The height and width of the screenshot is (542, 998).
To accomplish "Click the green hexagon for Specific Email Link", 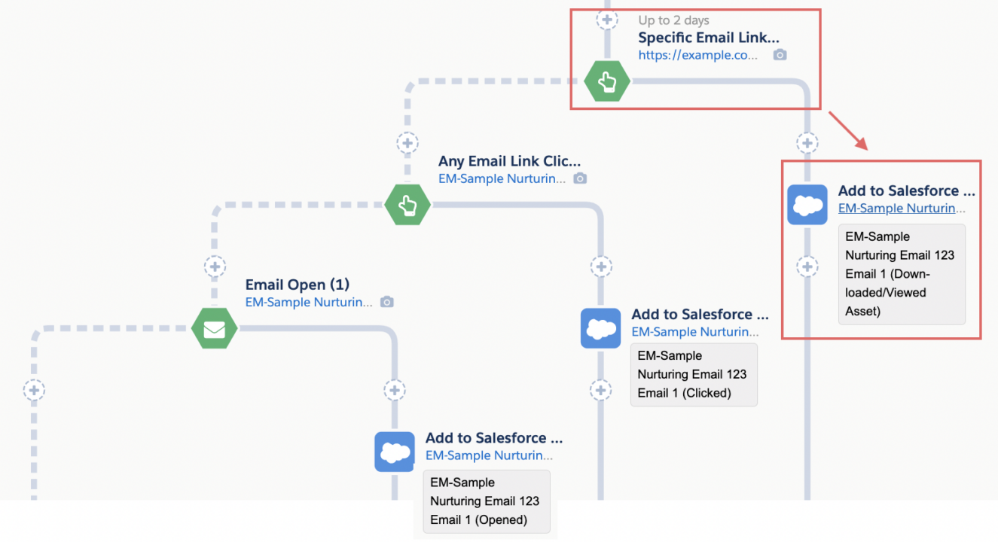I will coord(607,81).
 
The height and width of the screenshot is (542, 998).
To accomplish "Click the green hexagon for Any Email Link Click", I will coord(407,205).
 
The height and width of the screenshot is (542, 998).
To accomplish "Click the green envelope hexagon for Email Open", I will coord(215,329).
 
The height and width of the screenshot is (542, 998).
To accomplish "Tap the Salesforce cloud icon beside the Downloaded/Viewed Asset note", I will coord(807,205).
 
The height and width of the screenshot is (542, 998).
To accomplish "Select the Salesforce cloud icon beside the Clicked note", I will coord(600,328).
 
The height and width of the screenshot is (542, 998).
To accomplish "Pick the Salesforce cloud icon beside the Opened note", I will coord(395,452).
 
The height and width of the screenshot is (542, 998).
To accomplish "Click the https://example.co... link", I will coord(697,55).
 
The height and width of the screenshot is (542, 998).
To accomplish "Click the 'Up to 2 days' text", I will coord(673,20).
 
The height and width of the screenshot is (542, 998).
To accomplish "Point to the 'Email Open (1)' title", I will coord(298,285).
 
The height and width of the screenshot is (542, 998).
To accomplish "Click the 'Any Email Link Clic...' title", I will coord(510,161).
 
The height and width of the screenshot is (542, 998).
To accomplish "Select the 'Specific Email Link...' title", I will coord(709,38).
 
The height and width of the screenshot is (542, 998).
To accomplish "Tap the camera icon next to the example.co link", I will coord(780,55).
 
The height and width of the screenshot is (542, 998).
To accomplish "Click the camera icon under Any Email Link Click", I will coord(579,178).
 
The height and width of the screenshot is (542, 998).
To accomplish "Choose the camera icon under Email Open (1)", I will coord(386,302).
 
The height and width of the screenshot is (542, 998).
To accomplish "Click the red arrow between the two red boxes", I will coord(848,130).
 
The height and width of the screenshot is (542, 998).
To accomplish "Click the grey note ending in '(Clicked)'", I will coord(693,374).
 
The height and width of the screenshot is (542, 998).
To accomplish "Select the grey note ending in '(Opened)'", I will coord(486,501).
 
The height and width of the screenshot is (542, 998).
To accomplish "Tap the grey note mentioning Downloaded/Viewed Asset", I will coord(901,274).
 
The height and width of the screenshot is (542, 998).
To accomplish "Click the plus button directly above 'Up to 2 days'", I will coord(607,20).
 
